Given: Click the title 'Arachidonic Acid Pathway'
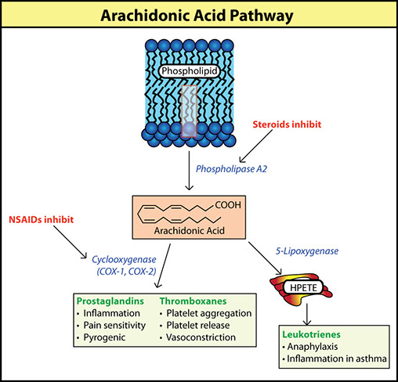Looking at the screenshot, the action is [x=197, y=16].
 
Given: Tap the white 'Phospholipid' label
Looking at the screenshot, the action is [x=190, y=71].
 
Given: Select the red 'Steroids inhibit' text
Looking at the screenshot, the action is [x=287, y=124].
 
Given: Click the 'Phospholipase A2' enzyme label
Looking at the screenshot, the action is [x=231, y=169].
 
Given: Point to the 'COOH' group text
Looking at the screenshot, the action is [x=228, y=205].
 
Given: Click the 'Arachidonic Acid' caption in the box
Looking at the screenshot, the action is [x=189, y=230].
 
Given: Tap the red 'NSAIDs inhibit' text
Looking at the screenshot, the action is [x=42, y=219].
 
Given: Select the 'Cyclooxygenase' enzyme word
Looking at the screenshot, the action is [x=124, y=260].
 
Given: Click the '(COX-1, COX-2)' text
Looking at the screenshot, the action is [x=126, y=272].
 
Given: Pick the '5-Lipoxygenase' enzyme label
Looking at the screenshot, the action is [x=307, y=251].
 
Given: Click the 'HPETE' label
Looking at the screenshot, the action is [x=303, y=287].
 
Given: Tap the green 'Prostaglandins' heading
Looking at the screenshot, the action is [x=110, y=301].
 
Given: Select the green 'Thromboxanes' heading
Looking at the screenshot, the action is [x=193, y=301].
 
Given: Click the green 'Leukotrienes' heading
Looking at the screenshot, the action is [x=311, y=334].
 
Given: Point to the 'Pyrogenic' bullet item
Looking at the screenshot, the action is [x=104, y=337].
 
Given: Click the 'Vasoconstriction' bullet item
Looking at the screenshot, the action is [x=201, y=337].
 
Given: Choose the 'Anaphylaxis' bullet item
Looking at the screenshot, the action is [x=313, y=347].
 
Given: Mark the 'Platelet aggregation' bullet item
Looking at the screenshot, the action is [x=209, y=313].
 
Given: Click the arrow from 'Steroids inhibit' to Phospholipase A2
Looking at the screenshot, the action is [x=256, y=146].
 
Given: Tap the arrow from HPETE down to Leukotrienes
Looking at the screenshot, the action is [x=307, y=314].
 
